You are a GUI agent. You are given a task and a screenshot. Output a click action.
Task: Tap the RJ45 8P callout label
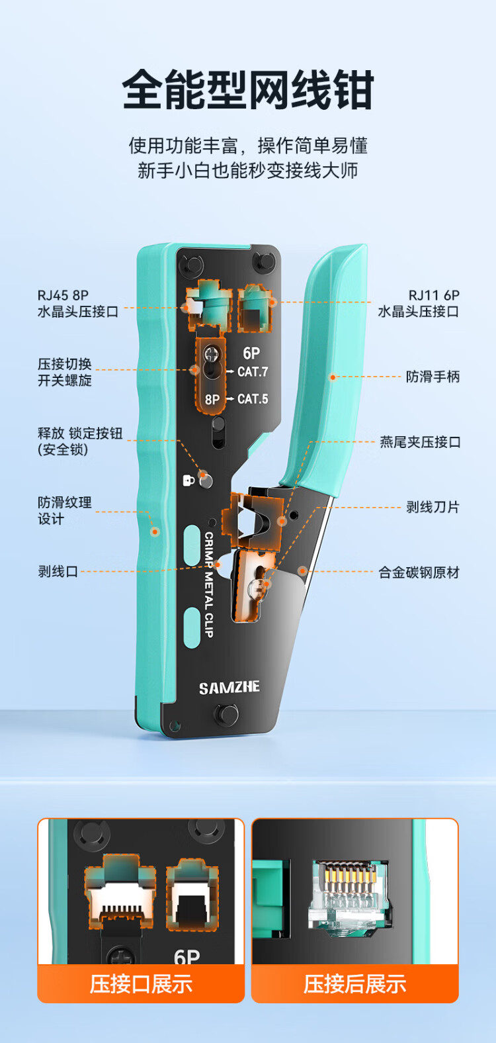[x=77, y=303]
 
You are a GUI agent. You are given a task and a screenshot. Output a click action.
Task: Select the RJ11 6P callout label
[x=419, y=303]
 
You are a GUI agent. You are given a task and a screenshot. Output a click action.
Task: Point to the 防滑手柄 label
[x=433, y=377]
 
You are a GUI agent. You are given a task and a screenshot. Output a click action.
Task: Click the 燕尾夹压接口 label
[x=420, y=442]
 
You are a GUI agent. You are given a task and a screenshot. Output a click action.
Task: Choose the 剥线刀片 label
[x=433, y=507]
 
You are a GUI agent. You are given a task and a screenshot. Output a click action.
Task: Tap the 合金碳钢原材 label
[x=419, y=572]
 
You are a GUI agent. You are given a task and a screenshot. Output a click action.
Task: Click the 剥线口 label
[x=58, y=571]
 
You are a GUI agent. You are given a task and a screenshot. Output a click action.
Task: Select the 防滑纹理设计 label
[x=64, y=510]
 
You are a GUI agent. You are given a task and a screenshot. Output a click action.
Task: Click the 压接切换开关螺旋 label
[x=64, y=372]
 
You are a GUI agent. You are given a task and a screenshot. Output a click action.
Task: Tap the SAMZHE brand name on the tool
[x=229, y=688]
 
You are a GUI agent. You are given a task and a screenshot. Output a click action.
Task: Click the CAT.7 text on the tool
[x=253, y=372]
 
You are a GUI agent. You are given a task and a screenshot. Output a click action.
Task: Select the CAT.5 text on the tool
[x=253, y=399]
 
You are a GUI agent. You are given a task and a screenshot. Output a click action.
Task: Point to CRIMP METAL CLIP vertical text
[x=209, y=584]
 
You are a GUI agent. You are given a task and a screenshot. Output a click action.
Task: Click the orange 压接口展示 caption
[x=141, y=984]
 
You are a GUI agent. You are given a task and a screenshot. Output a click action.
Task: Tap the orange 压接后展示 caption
[x=355, y=984]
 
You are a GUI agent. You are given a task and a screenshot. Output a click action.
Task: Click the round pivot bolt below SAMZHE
[x=226, y=714]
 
